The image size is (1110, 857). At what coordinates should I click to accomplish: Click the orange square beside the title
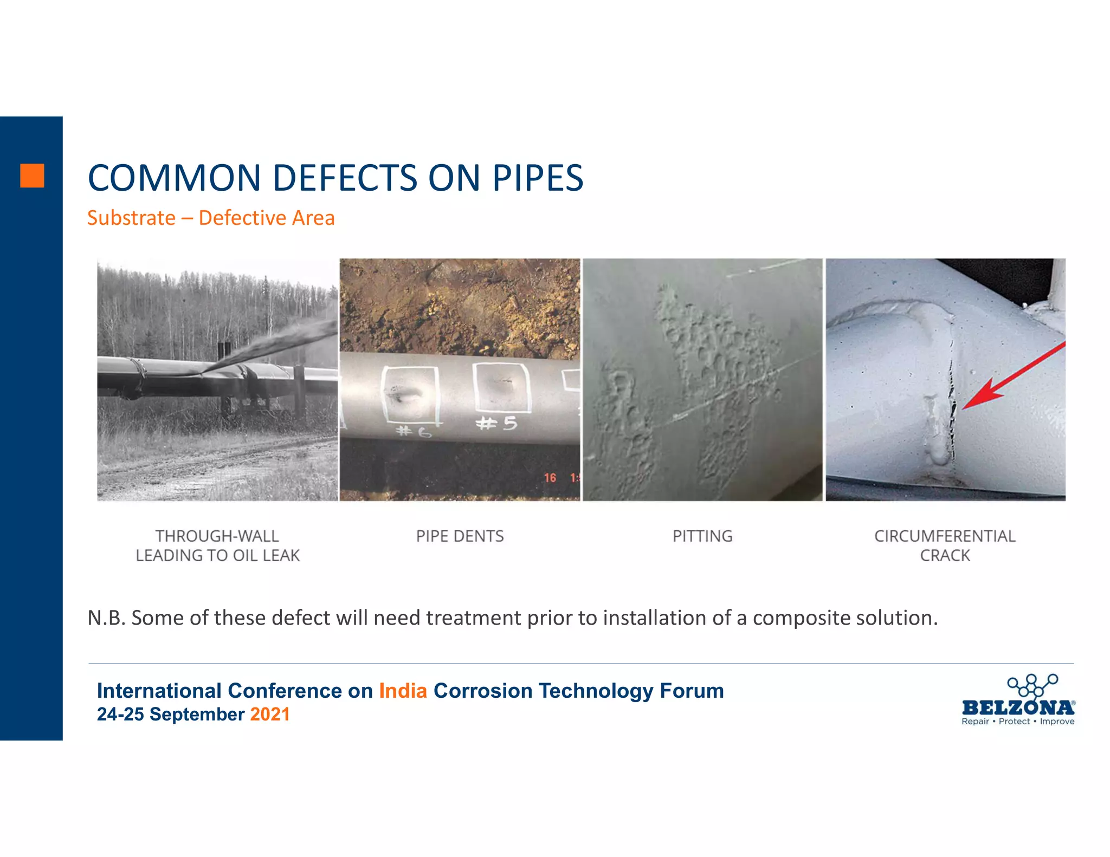click(32, 176)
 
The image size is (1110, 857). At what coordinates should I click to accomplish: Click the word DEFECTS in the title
click(345, 178)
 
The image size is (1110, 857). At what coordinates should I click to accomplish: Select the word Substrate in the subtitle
click(131, 218)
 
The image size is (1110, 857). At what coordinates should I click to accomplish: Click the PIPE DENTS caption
click(460, 536)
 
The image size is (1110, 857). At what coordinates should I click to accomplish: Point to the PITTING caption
click(702, 536)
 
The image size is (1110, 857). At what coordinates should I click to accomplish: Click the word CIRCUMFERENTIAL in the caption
click(945, 536)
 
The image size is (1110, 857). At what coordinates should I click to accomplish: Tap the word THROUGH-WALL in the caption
click(217, 536)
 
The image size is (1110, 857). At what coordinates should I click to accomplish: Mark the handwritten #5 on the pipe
click(496, 423)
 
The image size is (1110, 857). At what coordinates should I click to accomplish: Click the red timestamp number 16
click(550, 478)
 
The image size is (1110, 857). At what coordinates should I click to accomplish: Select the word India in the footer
click(403, 691)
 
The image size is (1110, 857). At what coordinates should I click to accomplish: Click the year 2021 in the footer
click(269, 715)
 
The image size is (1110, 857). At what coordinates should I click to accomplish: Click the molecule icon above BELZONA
click(1032, 685)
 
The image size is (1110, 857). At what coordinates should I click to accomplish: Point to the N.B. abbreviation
click(106, 618)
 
